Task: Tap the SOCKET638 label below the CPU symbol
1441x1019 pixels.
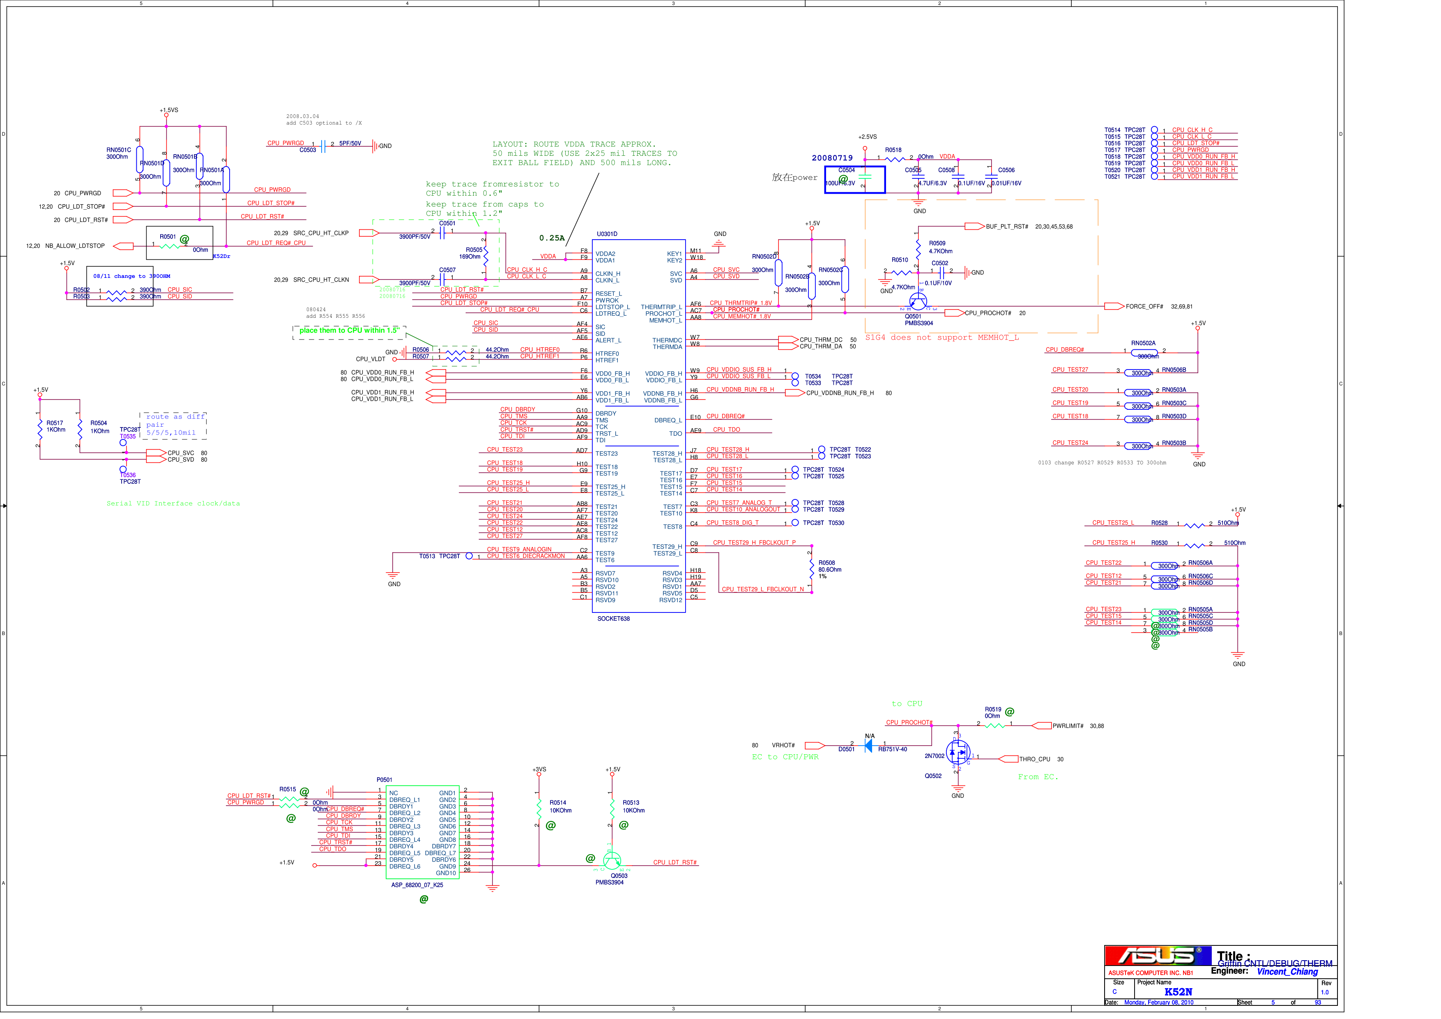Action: (613, 619)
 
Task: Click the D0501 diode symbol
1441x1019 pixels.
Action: (869, 746)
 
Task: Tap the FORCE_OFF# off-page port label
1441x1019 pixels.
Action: (1144, 307)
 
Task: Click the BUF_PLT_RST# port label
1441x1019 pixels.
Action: (1007, 226)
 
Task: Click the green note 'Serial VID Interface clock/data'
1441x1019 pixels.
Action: (173, 504)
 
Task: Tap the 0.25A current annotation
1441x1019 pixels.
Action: (552, 238)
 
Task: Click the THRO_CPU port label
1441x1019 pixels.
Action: (1034, 760)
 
